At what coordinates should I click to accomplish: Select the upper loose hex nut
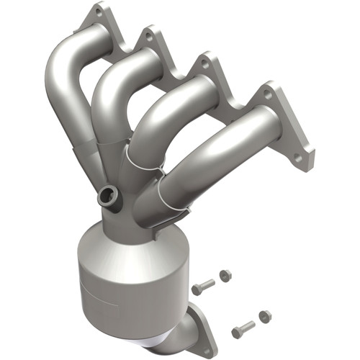pos(225,275)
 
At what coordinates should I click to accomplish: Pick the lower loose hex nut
pos(264,315)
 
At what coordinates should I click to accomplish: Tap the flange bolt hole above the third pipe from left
pos(205,63)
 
